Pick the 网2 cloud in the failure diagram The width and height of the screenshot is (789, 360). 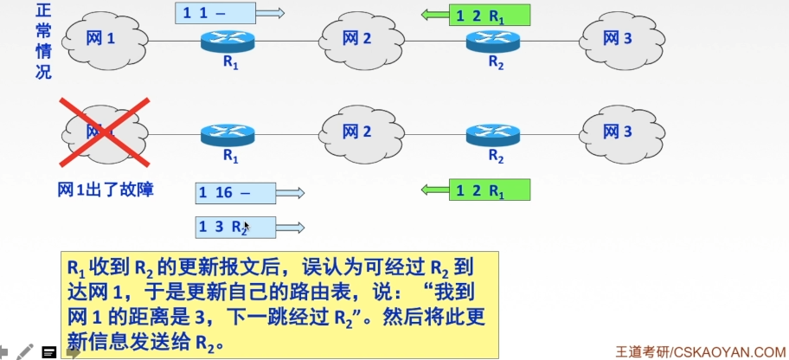[x=356, y=132]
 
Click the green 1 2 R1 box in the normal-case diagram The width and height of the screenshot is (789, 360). [x=489, y=14]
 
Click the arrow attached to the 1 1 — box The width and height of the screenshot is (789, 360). [x=271, y=13]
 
